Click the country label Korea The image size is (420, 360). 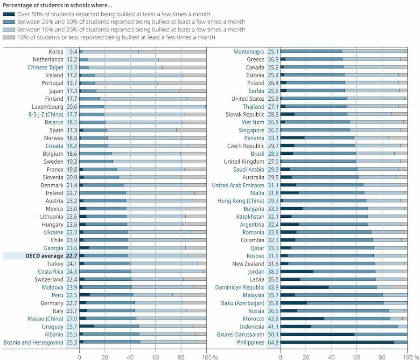click(x=56, y=52)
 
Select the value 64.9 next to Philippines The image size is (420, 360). click(x=273, y=342)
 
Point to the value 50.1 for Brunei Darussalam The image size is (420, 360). click(x=273, y=334)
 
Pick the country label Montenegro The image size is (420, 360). click(x=249, y=52)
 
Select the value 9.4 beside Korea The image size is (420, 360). click(x=73, y=52)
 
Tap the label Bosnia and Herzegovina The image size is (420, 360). click(x=33, y=342)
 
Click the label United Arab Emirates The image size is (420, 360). click(x=238, y=185)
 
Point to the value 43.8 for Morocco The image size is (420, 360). click(x=273, y=318)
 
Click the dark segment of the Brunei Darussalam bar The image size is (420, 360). click(x=317, y=334)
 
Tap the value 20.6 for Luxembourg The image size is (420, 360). click(x=72, y=107)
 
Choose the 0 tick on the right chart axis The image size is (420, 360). click(x=280, y=356)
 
